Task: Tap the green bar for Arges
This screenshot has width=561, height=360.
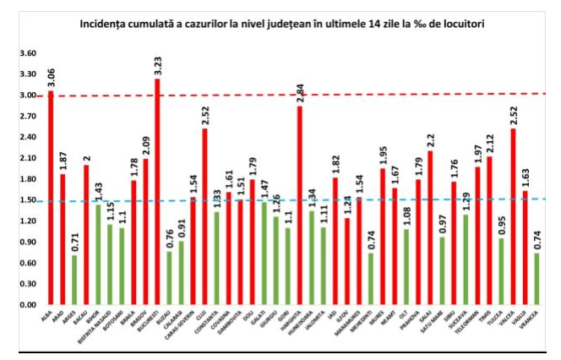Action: (74, 279)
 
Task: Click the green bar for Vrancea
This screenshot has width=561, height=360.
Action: (537, 278)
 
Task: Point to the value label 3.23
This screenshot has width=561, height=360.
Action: (157, 66)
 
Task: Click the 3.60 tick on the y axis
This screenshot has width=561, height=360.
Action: (28, 53)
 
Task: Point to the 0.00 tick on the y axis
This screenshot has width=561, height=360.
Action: (28, 304)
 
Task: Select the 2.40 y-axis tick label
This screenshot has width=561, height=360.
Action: (28, 137)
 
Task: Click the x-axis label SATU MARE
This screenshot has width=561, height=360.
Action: (440, 320)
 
